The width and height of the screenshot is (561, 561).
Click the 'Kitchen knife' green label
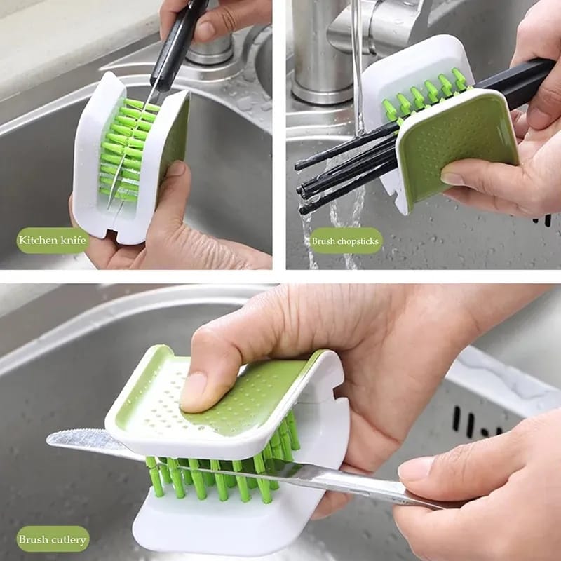click(x=53, y=241)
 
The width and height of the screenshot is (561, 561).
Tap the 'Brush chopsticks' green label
click(x=346, y=241)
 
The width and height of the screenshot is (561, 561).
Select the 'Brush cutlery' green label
click(x=53, y=539)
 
